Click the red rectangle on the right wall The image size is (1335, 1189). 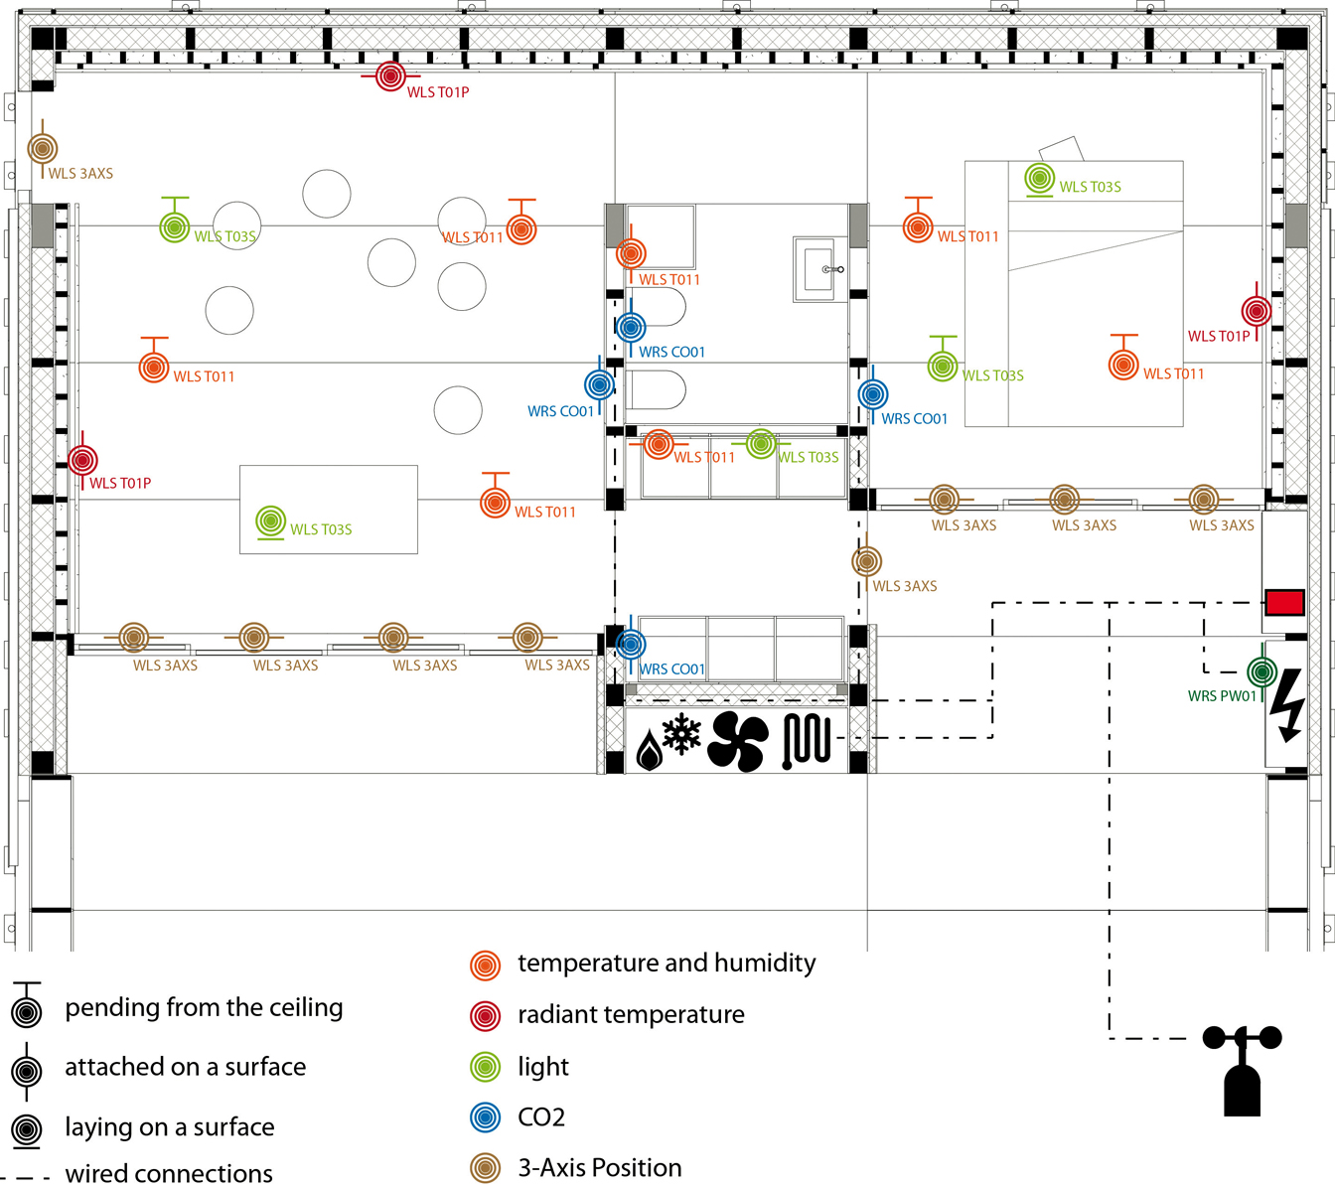click(1283, 602)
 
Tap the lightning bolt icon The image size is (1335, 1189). click(1287, 704)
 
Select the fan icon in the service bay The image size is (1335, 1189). click(737, 741)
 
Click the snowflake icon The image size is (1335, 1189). click(681, 734)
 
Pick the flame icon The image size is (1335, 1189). click(649, 750)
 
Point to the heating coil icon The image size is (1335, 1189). click(807, 741)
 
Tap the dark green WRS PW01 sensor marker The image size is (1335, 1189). click(1261, 671)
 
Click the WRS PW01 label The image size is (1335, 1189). click(1221, 696)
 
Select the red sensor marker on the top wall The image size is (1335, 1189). click(390, 75)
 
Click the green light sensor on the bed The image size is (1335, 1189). click(1039, 179)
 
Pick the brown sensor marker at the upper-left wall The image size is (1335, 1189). click(42, 149)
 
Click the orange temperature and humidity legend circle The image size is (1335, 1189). click(485, 965)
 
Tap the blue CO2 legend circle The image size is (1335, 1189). click(485, 1117)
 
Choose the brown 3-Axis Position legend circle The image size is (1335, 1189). click(485, 1168)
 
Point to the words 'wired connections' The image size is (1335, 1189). click(169, 1174)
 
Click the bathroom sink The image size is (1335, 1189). click(819, 268)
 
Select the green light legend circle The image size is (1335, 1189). click(485, 1067)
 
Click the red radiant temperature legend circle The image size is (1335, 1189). click(485, 1015)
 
